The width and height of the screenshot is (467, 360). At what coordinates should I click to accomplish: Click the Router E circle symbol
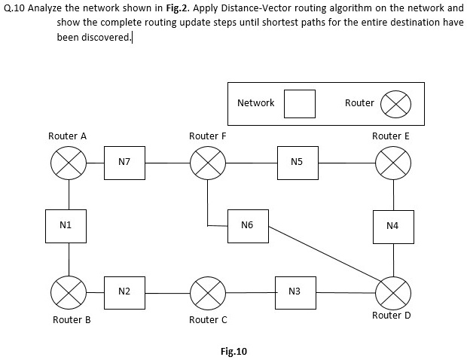tap(393, 162)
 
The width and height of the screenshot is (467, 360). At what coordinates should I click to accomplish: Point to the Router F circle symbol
tap(207, 162)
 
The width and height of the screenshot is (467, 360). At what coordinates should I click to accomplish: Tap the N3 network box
tap(295, 291)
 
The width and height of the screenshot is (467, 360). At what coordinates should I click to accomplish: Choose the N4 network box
tap(393, 226)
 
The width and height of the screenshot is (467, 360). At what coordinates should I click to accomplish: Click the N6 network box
tap(249, 225)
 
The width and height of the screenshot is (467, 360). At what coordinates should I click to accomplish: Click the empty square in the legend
tap(299, 103)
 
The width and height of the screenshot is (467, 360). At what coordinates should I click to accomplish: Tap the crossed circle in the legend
tap(395, 104)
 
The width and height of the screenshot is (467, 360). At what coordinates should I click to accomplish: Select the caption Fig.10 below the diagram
tap(233, 351)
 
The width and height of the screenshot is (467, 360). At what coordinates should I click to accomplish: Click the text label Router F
tap(207, 136)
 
